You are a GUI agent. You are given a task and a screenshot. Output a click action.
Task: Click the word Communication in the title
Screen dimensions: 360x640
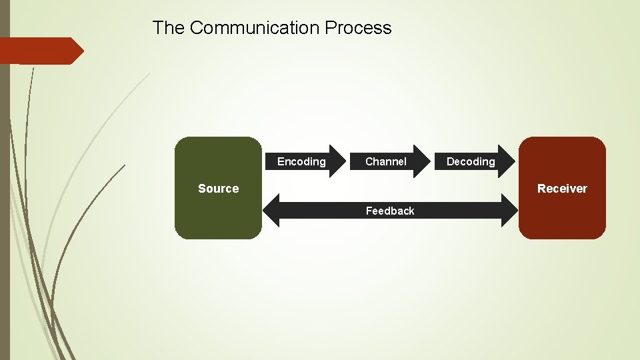point(255,28)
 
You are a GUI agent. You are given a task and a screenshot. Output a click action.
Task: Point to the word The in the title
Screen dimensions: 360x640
point(168,28)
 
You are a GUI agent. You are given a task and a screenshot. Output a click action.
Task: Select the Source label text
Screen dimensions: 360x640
point(218,189)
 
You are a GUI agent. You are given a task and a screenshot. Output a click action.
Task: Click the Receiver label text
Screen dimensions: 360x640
point(562,189)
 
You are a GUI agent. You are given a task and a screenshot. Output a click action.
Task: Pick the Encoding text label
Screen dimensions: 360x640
point(301,161)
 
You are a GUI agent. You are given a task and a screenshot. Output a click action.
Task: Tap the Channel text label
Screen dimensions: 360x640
point(386,161)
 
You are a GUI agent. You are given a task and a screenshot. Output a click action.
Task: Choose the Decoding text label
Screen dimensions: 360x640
point(471,161)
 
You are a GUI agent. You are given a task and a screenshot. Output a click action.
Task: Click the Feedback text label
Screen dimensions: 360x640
point(390,211)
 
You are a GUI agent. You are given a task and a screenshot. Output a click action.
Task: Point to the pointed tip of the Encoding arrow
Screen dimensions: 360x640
point(347,161)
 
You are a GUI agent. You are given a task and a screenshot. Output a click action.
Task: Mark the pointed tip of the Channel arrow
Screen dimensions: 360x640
point(431,161)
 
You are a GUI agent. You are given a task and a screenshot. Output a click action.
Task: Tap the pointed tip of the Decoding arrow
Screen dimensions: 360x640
point(516,161)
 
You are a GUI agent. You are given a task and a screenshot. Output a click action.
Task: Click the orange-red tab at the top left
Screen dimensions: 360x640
point(37,51)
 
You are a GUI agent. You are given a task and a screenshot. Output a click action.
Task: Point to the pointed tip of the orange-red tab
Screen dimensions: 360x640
point(83,51)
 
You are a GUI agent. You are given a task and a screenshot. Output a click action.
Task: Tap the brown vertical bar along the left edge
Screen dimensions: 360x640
point(5,200)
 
